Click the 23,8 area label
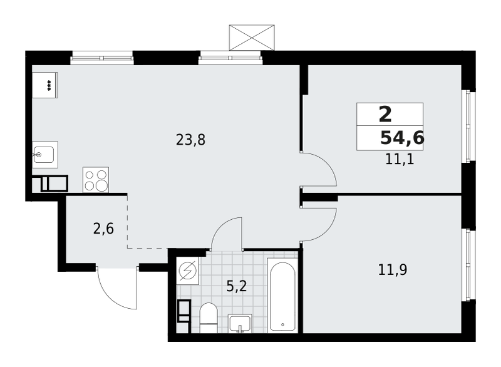tap(190, 140)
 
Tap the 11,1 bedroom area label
tap(400, 159)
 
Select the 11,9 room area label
tap(393, 270)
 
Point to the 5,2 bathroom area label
tap(236, 287)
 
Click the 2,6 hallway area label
tap(103, 229)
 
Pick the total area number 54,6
tap(402, 138)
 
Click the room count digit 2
tap(385, 115)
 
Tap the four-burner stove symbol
tap(96, 180)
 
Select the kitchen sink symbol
tap(44, 154)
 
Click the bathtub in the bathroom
tap(282, 296)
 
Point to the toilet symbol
tap(208, 318)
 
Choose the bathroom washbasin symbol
tap(240, 323)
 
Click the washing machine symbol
tap(187, 271)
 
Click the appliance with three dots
tap(45, 85)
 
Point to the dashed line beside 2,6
tap(128, 222)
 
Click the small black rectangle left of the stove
tap(54, 183)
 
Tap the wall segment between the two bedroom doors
tap(319, 197)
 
